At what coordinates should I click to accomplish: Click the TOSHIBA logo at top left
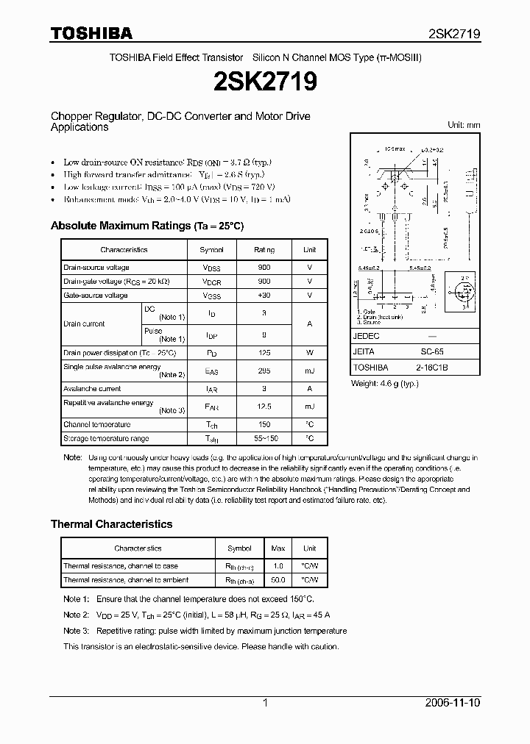(91, 33)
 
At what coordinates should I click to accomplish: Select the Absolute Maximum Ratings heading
(146, 226)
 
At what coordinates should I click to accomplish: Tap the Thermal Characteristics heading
(111, 524)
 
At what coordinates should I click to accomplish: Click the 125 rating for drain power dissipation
(264, 353)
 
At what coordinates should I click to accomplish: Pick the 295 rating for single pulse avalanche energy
(264, 371)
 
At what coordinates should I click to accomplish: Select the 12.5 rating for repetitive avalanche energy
(264, 407)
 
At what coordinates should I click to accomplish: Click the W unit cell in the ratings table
(310, 353)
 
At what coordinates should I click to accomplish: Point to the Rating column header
(264, 250)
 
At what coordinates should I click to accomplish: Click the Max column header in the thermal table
(278, 548)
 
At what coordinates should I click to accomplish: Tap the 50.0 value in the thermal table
(278, 580)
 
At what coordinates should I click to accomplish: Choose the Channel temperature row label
(97, 424)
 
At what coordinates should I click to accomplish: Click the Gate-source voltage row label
(96, 296)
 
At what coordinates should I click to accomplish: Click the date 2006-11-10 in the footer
(453, 703)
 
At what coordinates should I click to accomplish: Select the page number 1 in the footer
(265, 703)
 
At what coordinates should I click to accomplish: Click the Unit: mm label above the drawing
(464, 125)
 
